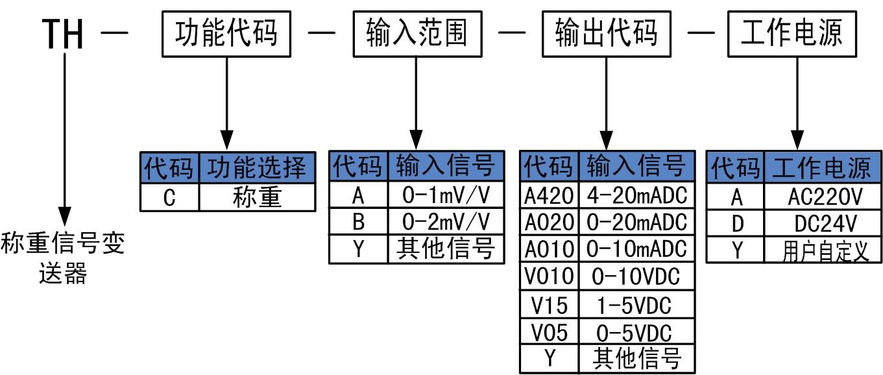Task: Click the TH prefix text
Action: click(x=64, y=34)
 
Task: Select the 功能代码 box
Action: click(x=225, y=33)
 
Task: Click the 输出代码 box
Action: click(x=606, y=33)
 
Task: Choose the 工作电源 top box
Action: click(x=791, y=33)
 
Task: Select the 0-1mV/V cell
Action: click(x=446, y=195)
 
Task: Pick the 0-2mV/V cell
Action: click(x=446, y=222)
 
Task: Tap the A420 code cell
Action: click(x=549, y=195)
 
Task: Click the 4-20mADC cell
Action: click(x=636, y=195)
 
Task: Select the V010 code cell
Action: click(x=549, y=277)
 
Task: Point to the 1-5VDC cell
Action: click(x=636, y=305)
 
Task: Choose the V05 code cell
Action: click(x=549, y=333)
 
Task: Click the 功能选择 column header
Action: click(x=257, y=169)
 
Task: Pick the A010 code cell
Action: click(x=549, y=250)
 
